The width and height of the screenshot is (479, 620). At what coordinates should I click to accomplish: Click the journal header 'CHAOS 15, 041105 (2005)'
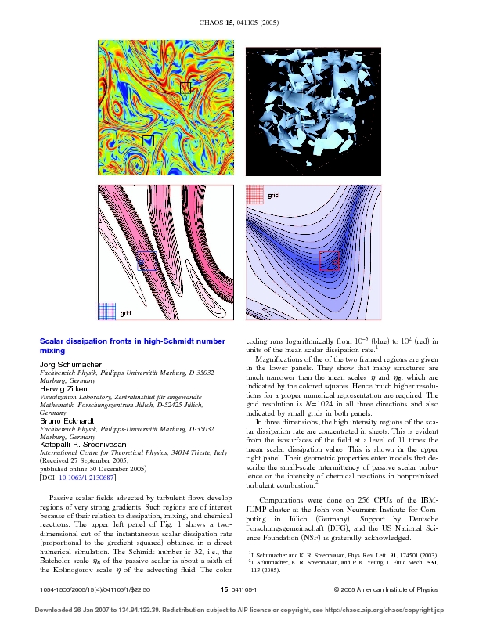pyautogui.click(x=239, y=31)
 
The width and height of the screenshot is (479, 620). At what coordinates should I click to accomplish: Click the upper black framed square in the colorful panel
pyautogui.click(x=185, y=88)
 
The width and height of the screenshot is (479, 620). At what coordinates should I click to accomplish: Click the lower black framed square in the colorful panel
pyautogui.click(x=148, y=140)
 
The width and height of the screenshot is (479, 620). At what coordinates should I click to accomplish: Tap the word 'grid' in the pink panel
pyautogui.click(x=125, y=313)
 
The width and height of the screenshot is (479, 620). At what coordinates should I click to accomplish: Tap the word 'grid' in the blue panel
pyautogui.click(x=273, y=193)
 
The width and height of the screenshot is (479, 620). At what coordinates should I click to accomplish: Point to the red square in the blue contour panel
pyautogui.click(x=330, y=261)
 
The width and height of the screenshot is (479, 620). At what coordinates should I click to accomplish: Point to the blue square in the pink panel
pyautogui.click(x=148, y=261)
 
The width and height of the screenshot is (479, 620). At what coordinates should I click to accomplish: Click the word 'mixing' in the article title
pyautogui.click(x=52, y=352)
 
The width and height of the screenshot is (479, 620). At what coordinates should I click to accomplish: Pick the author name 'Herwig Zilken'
pyautogui.click(x=63, y=390)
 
